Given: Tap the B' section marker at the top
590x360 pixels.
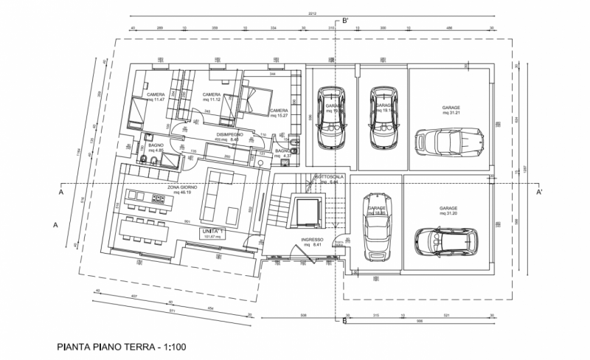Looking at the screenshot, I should [344, 21].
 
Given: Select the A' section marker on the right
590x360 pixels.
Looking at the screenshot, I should [540, 192].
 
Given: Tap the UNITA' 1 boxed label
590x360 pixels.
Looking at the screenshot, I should [214, 234].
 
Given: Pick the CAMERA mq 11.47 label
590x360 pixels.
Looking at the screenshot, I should [156, 97].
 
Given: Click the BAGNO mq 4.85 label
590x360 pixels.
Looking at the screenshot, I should [156, 148].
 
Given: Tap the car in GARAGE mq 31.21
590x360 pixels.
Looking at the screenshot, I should [449, 140].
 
